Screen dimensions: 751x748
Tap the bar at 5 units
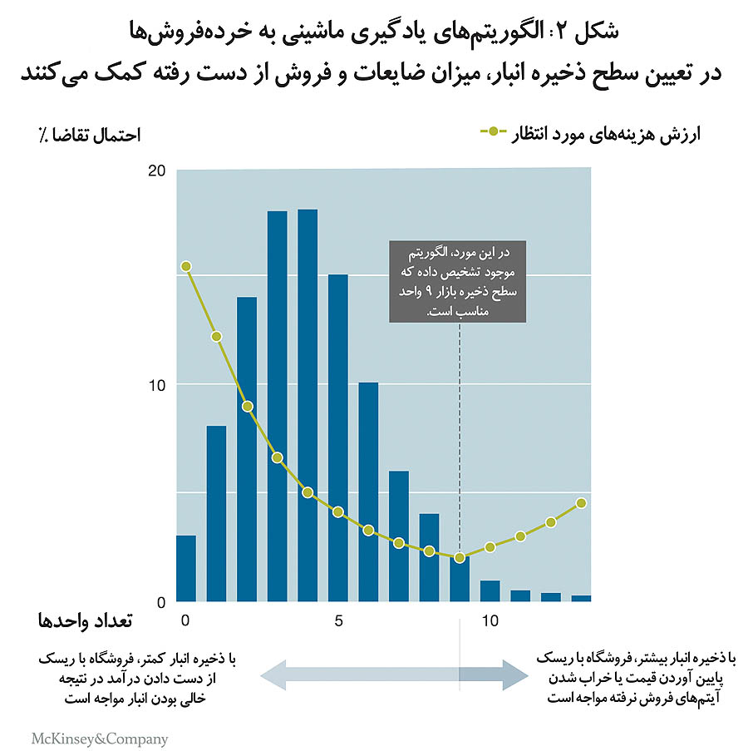(x=338, y=437)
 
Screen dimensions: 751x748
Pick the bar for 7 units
(x=399, y=536)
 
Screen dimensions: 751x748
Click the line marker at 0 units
(x=186, y=266)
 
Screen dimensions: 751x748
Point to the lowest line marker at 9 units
(x=460, y=557)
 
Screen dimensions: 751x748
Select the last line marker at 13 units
(x=581, y=503)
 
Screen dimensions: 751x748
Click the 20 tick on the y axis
(x=157, y=170)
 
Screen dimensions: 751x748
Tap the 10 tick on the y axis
(x=157, y=385)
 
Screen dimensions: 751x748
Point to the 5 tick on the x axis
(x=338, y=620)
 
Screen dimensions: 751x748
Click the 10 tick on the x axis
(x=490, y=620)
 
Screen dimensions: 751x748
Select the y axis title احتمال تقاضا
(x=88, y=134)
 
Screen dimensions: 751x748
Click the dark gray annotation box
(x=459, y=280)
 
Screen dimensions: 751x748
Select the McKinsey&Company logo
(x=99, y=738)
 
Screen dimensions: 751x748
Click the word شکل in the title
(x=595, y=32)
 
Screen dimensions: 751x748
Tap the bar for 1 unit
(x=217, y=513)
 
